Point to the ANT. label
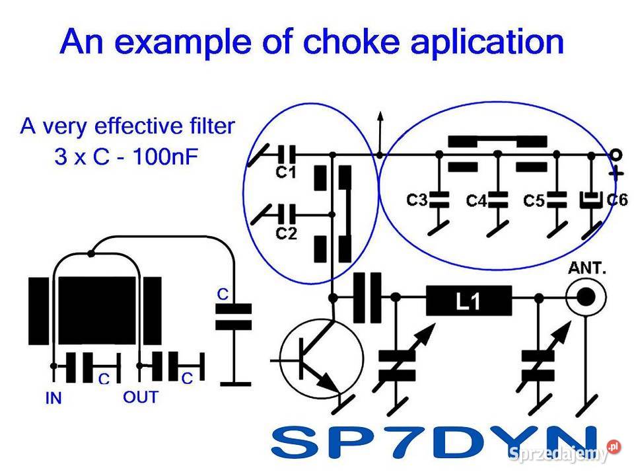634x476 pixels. [587, 269]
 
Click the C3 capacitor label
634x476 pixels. [418, 199]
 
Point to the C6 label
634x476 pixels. [616, 199]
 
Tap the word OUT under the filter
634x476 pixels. [141, 397]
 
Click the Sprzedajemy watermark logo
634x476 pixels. [565, 453]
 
